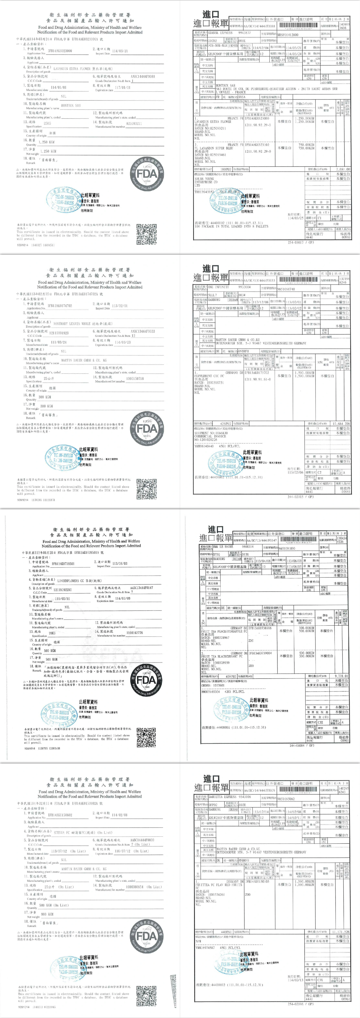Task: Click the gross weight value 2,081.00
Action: pyautogui.click(x=342, y=169)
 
